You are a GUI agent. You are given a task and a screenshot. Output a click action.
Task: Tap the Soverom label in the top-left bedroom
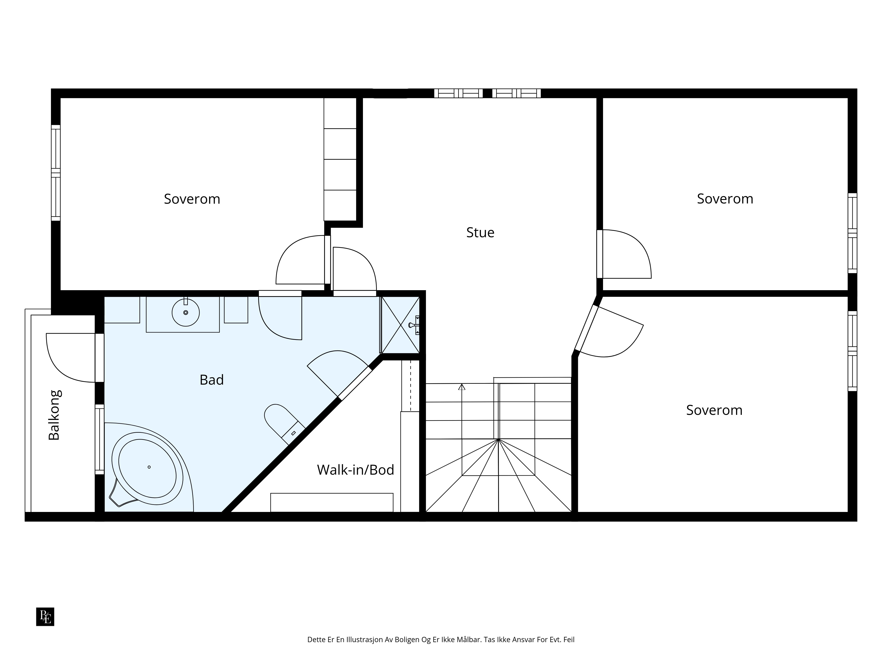click(x=192, y=199)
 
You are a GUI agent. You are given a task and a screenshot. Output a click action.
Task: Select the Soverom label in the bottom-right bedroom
click(x=714, y=410)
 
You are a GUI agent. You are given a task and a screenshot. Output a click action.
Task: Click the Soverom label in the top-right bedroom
click(x=725, y=199)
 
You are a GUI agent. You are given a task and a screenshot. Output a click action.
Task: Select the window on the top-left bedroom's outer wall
click(x=56, y=173)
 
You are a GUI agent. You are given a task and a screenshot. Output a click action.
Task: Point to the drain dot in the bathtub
click(x=149, y=467)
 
